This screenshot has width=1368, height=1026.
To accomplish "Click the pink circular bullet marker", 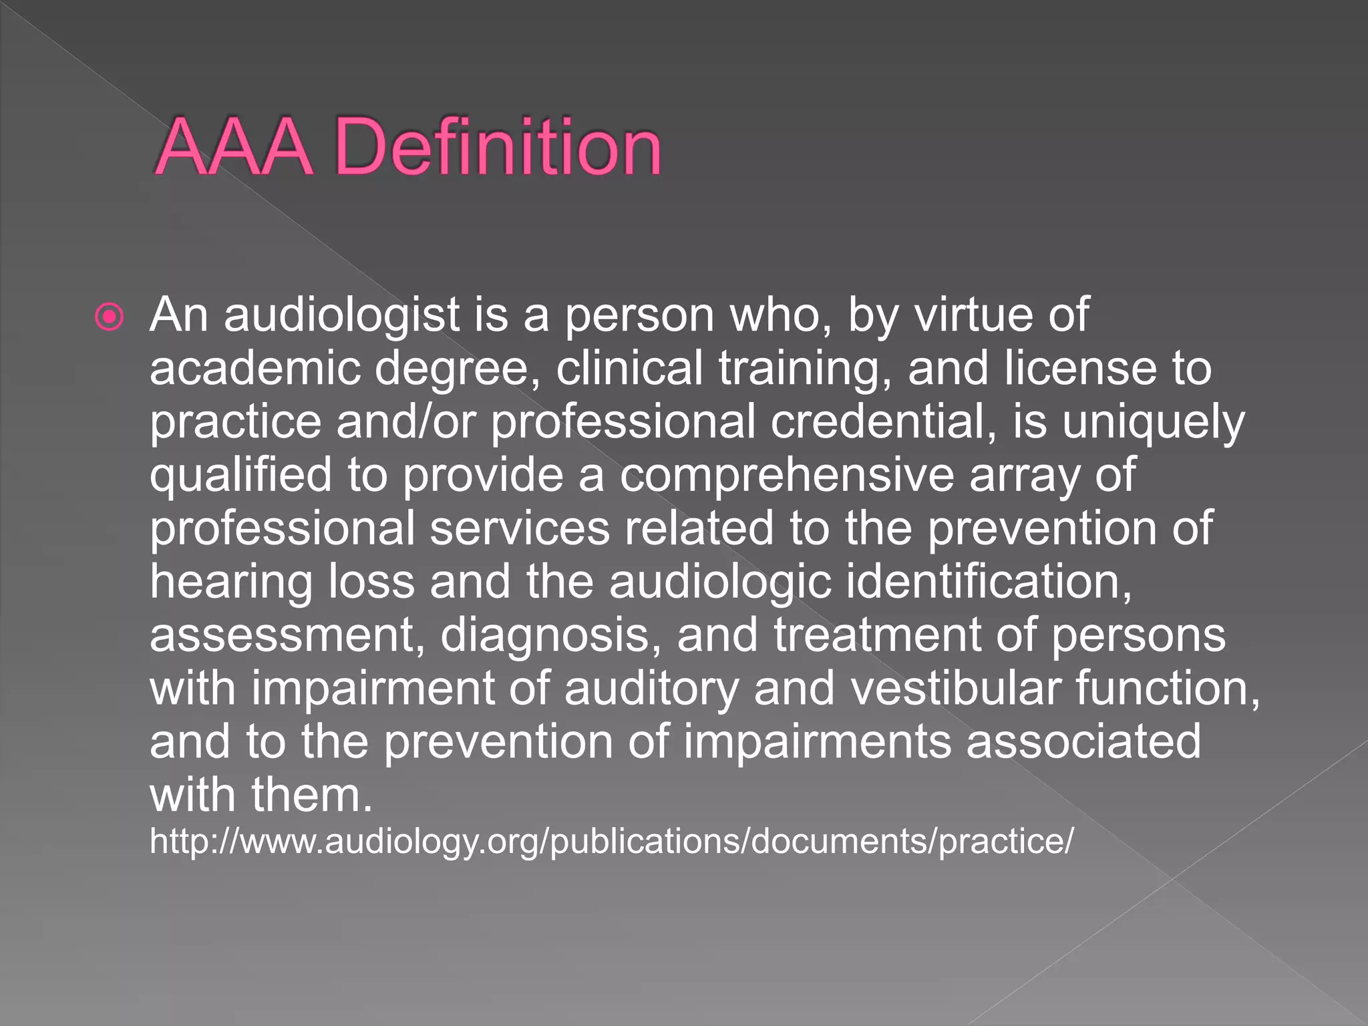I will click(x=110, y=317).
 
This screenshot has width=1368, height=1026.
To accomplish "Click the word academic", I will click(x=254, y=368).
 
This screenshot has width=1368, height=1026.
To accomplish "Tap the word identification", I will click(x=989, y=581).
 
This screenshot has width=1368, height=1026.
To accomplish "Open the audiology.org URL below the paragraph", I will click(x=611, y=840).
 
